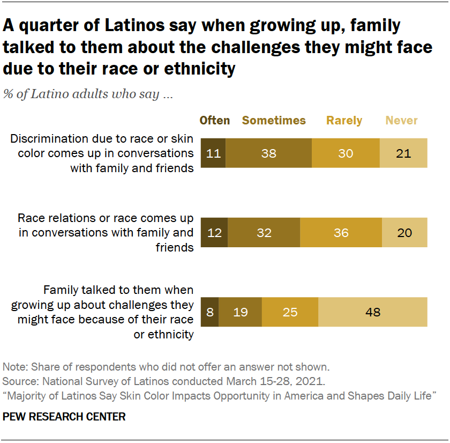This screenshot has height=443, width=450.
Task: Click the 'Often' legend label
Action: pyautogui.click(x=214, y=121)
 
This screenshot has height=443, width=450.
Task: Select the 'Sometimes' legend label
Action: pyautogui.click(x=274, y=121)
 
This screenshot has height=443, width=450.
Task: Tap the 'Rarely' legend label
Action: pyautogui.click(x=344, y=121)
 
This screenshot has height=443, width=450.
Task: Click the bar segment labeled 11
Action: pyautogui.click(x=213, y=153)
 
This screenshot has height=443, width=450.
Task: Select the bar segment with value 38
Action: pyautogui.click(x=268, y=153)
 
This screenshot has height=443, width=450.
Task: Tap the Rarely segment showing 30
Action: pyautogui.click(x=346, y=153)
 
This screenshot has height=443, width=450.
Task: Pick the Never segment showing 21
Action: pyautogui.click(x=403, y=153)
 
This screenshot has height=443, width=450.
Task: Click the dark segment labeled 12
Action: pyautogui.click(x=214, y=233)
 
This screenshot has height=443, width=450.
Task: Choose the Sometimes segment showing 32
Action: pyautogui.click(x=264, y=233)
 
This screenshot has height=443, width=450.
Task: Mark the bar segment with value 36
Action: pyautogui.click(x=341, y=233)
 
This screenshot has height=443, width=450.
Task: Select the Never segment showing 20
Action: pyautogui.click(x=404, y=233)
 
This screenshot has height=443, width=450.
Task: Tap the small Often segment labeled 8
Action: pyautogui.click(x=209, y=312)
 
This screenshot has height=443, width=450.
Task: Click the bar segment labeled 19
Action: pyautogui.click(x=241, y=312)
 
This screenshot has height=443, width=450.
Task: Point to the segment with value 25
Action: pyautogui.click(x=290, y=312)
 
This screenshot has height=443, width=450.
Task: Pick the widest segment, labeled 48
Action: pyautogui.click(x=373, y=312)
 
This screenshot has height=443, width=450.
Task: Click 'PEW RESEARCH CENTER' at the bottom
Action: pyautogui.click(x=64, y=417)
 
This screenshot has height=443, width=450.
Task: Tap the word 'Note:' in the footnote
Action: pyautogui.click(x=16, y=367)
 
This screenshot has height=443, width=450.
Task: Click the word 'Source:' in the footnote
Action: pyautogui.click(x=21, y=381)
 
